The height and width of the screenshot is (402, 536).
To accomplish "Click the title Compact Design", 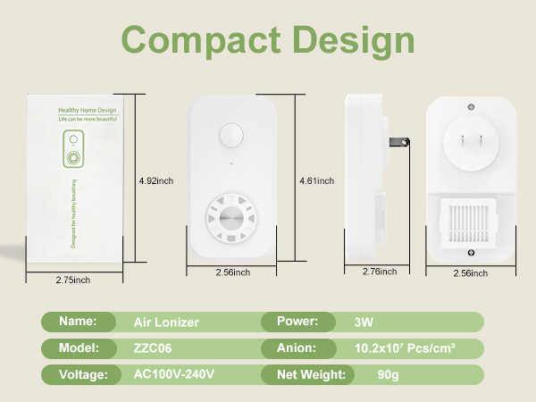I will click(268, 40).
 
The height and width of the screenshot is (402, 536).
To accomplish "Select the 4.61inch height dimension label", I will click(317, 180).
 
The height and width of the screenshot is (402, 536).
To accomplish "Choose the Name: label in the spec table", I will click(78, 322).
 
